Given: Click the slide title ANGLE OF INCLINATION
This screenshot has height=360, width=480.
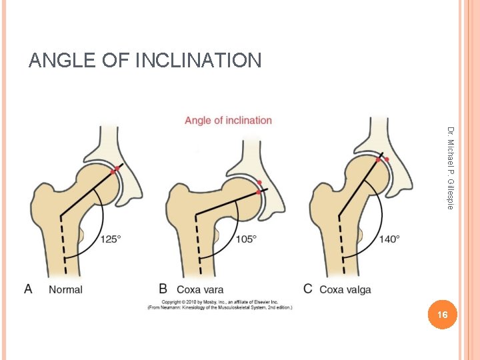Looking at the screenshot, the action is (145, 61).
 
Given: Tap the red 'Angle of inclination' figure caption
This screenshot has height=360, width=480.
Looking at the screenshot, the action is (228, 121).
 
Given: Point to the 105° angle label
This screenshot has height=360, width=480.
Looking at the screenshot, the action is (245, 239).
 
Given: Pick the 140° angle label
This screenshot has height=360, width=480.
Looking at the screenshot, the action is (388, 239).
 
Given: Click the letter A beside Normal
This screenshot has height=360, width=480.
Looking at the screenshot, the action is (28, 289).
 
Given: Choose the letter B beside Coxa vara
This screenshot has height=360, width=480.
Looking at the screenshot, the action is (163, 289).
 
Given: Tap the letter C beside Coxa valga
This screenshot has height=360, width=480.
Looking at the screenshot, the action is (307, 289).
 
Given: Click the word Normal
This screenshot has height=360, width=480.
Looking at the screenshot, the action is (65, 289).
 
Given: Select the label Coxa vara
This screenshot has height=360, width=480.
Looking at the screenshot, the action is (200, 289).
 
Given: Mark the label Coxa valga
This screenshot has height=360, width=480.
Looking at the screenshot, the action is (345, 289).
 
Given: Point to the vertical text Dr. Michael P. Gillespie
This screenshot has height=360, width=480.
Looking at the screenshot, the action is (451, 168).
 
